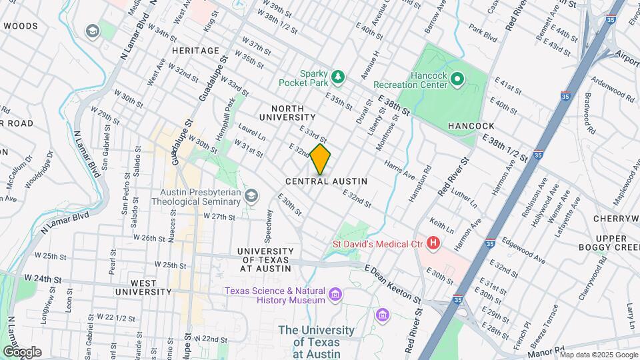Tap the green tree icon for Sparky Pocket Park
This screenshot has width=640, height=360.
339,77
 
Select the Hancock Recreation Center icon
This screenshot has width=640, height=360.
457,80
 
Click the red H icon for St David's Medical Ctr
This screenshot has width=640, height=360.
433,244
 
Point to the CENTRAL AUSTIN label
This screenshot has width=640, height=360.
326,181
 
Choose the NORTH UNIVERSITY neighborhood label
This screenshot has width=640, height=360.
287,113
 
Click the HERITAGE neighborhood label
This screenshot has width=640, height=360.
195,51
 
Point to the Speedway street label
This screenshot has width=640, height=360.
269,225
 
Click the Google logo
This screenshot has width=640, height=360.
21,352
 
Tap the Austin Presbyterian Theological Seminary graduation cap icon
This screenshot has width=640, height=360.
251,195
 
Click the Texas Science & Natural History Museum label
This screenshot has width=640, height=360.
275,295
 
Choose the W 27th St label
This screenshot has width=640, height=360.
220,217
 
